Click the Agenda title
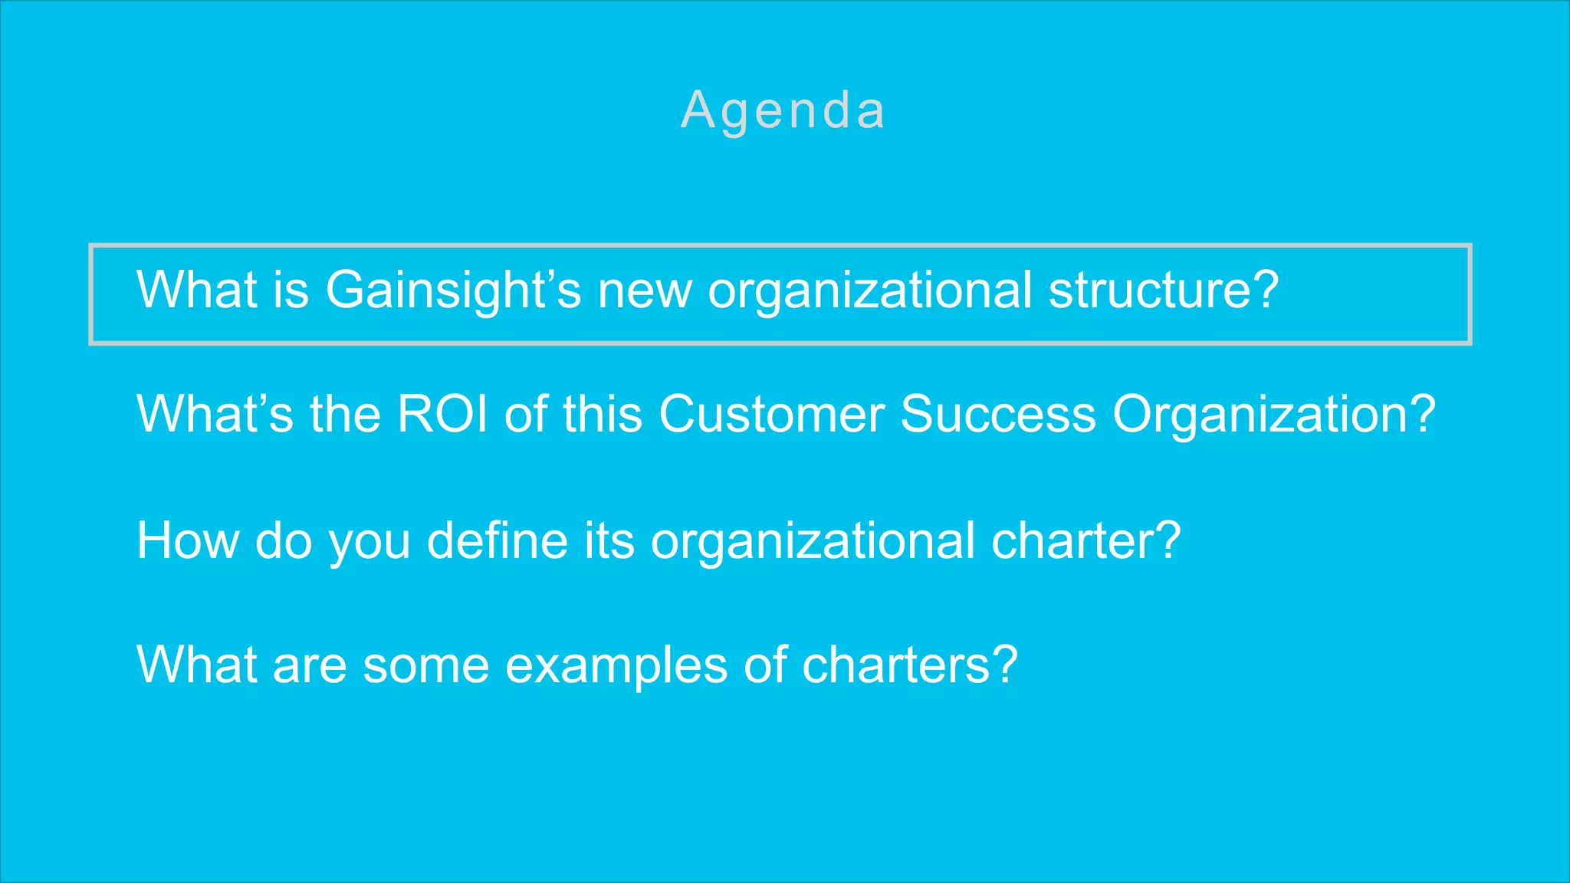tap(783, 111)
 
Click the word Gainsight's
tap(453, 291)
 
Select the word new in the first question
tap(644, 291)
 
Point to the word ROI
tap(442, 415)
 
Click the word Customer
tap(770, 415)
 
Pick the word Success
tap(998, 415)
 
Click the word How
tap(188, 540)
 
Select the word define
tap(497, 540)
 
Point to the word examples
tap(616, 665)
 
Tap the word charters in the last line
tap(897, 665)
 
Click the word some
tap(426, 665)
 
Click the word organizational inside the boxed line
tap(869, 292)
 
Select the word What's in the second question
tap(215, 415)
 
